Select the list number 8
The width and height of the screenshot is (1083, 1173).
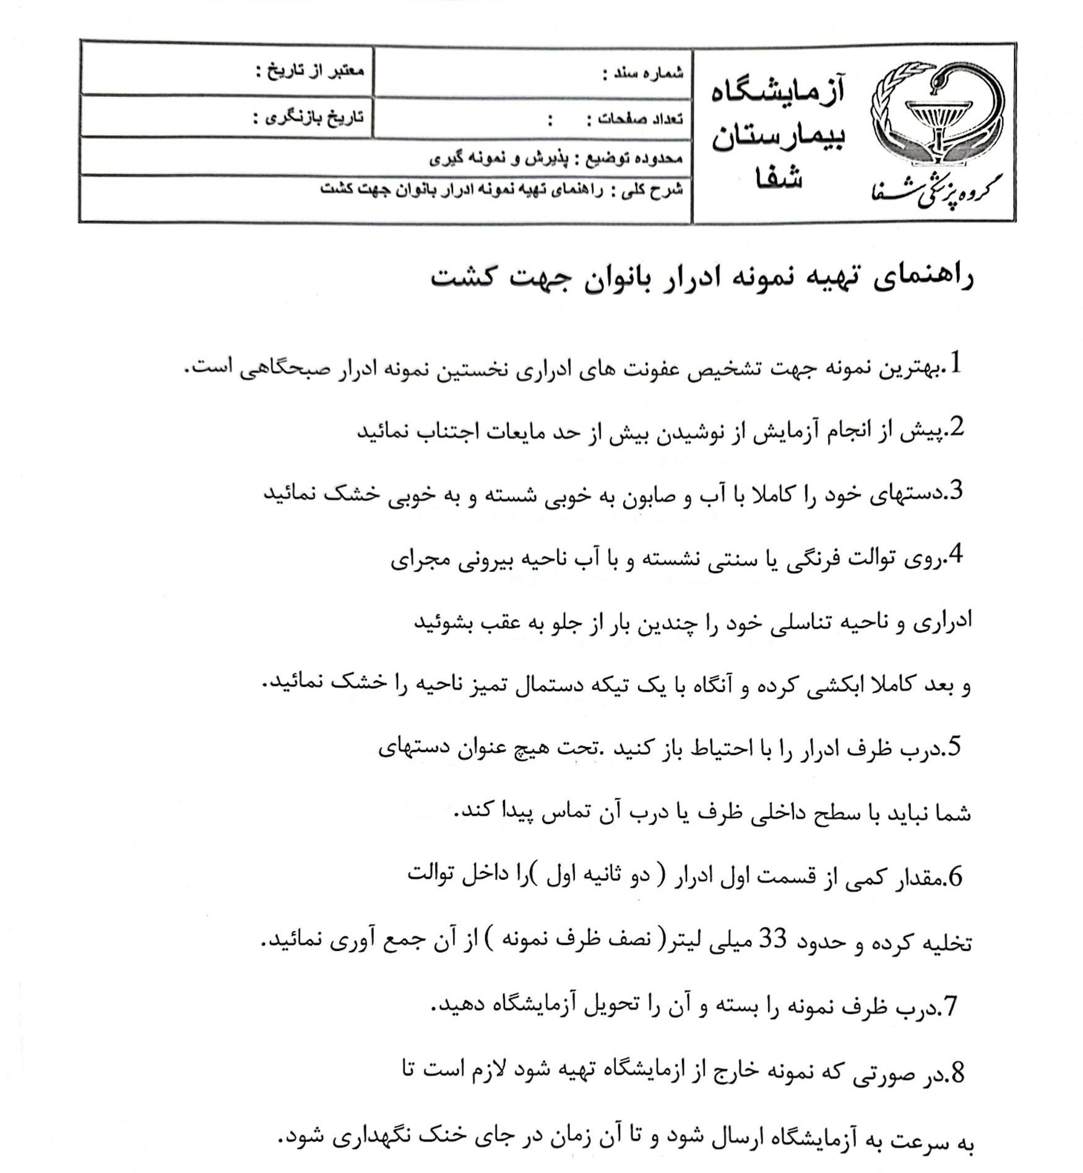coord(956,1073)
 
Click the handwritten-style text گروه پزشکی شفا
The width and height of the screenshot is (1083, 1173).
coord(937,189)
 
